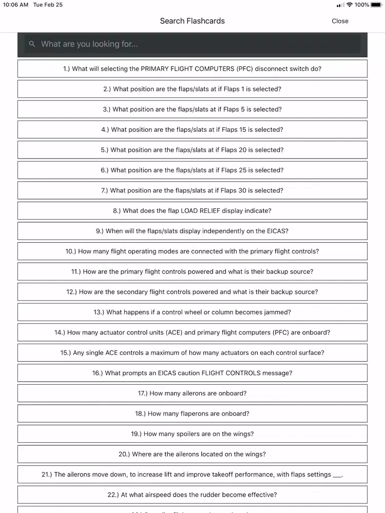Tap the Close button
pyautogui.click(x=340, y=21)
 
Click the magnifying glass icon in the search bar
pyautogui.click(x=32, y=44)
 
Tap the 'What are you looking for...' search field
pyautogui.click(x=195, y=44)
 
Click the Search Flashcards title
pyautogui.click(x=192, y=21)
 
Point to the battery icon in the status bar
pyautogui.click(x=376, y=5)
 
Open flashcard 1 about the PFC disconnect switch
pyautogui.click(x=192, y=69)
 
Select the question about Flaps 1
pyautogui.click(x=192, y=89)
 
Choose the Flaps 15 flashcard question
pyautogui.click(x=192, y=130)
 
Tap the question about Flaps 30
pyautogui.click(x=192, y=190)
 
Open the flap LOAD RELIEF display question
pyautogui.click(x=192, y=211)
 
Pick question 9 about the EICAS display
pyautogui.click(x=192, y=231)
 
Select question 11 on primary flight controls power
pyautogui.click(x=192, y=271)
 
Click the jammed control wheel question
pyautogui.click(x=192, y=312)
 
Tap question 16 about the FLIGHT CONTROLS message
pyautogui.click(x=192, y=373)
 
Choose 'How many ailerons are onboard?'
pyautogui.click(x=192, y=393)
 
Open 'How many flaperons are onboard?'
pyautogui.click(x=192, y=413)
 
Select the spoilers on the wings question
pyautogui.click(x=192, y=434)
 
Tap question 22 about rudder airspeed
pyautogui.click(x=192, y=495)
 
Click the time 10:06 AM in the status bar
pyautogui.click(x=15, y=5)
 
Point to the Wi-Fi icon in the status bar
pyautogui.click(x=350, y=5)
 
